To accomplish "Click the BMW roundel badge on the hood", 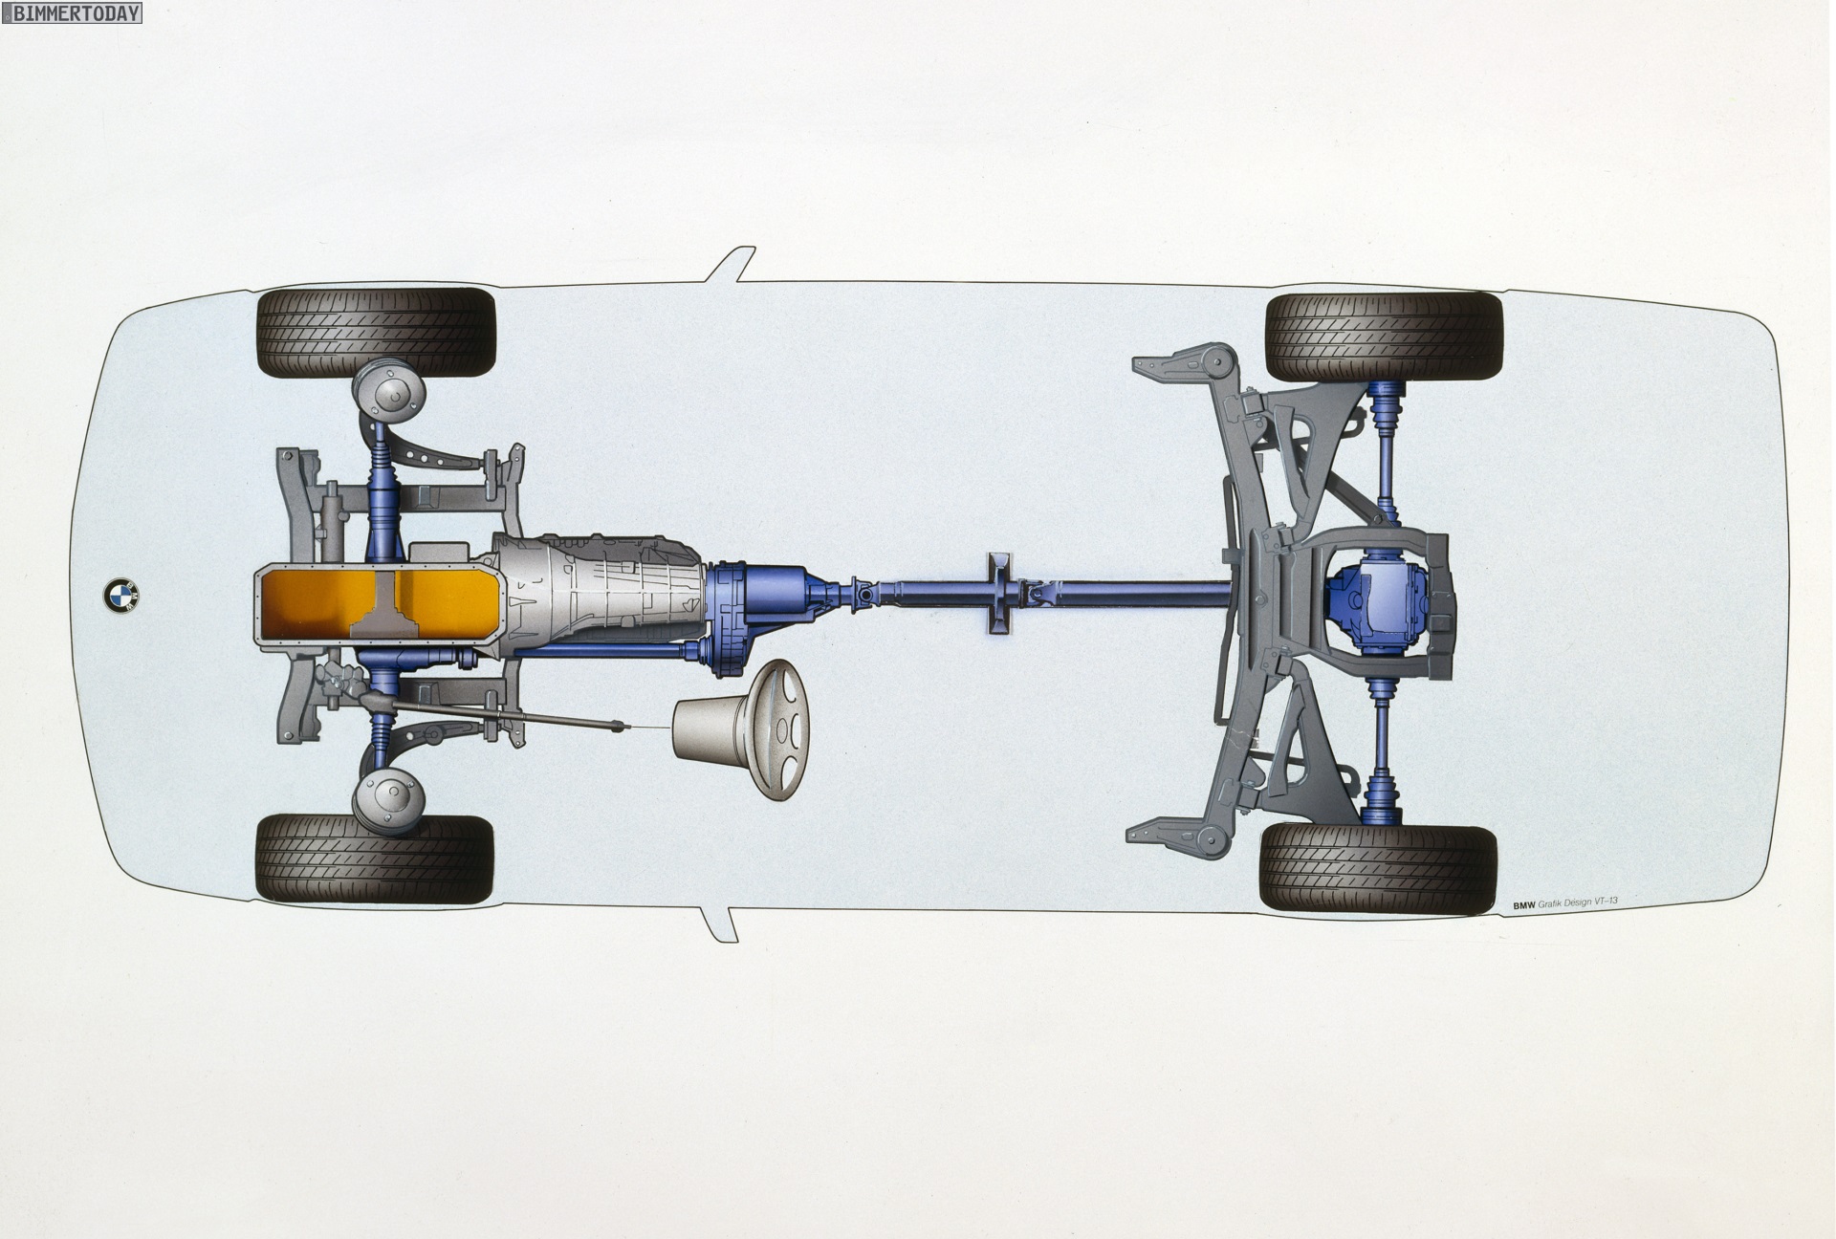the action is pyautogui.click(x=120, y=595).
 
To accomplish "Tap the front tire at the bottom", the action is pyautogui.click(x=375, y=859).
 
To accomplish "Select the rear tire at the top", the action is pyautogui.click(x=1384, y=337).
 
